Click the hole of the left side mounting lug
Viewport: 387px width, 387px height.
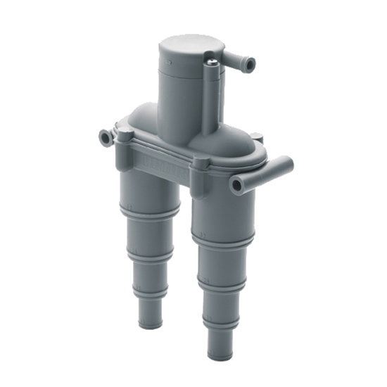[106, 137]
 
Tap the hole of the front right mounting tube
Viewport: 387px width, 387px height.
[236, 186]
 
